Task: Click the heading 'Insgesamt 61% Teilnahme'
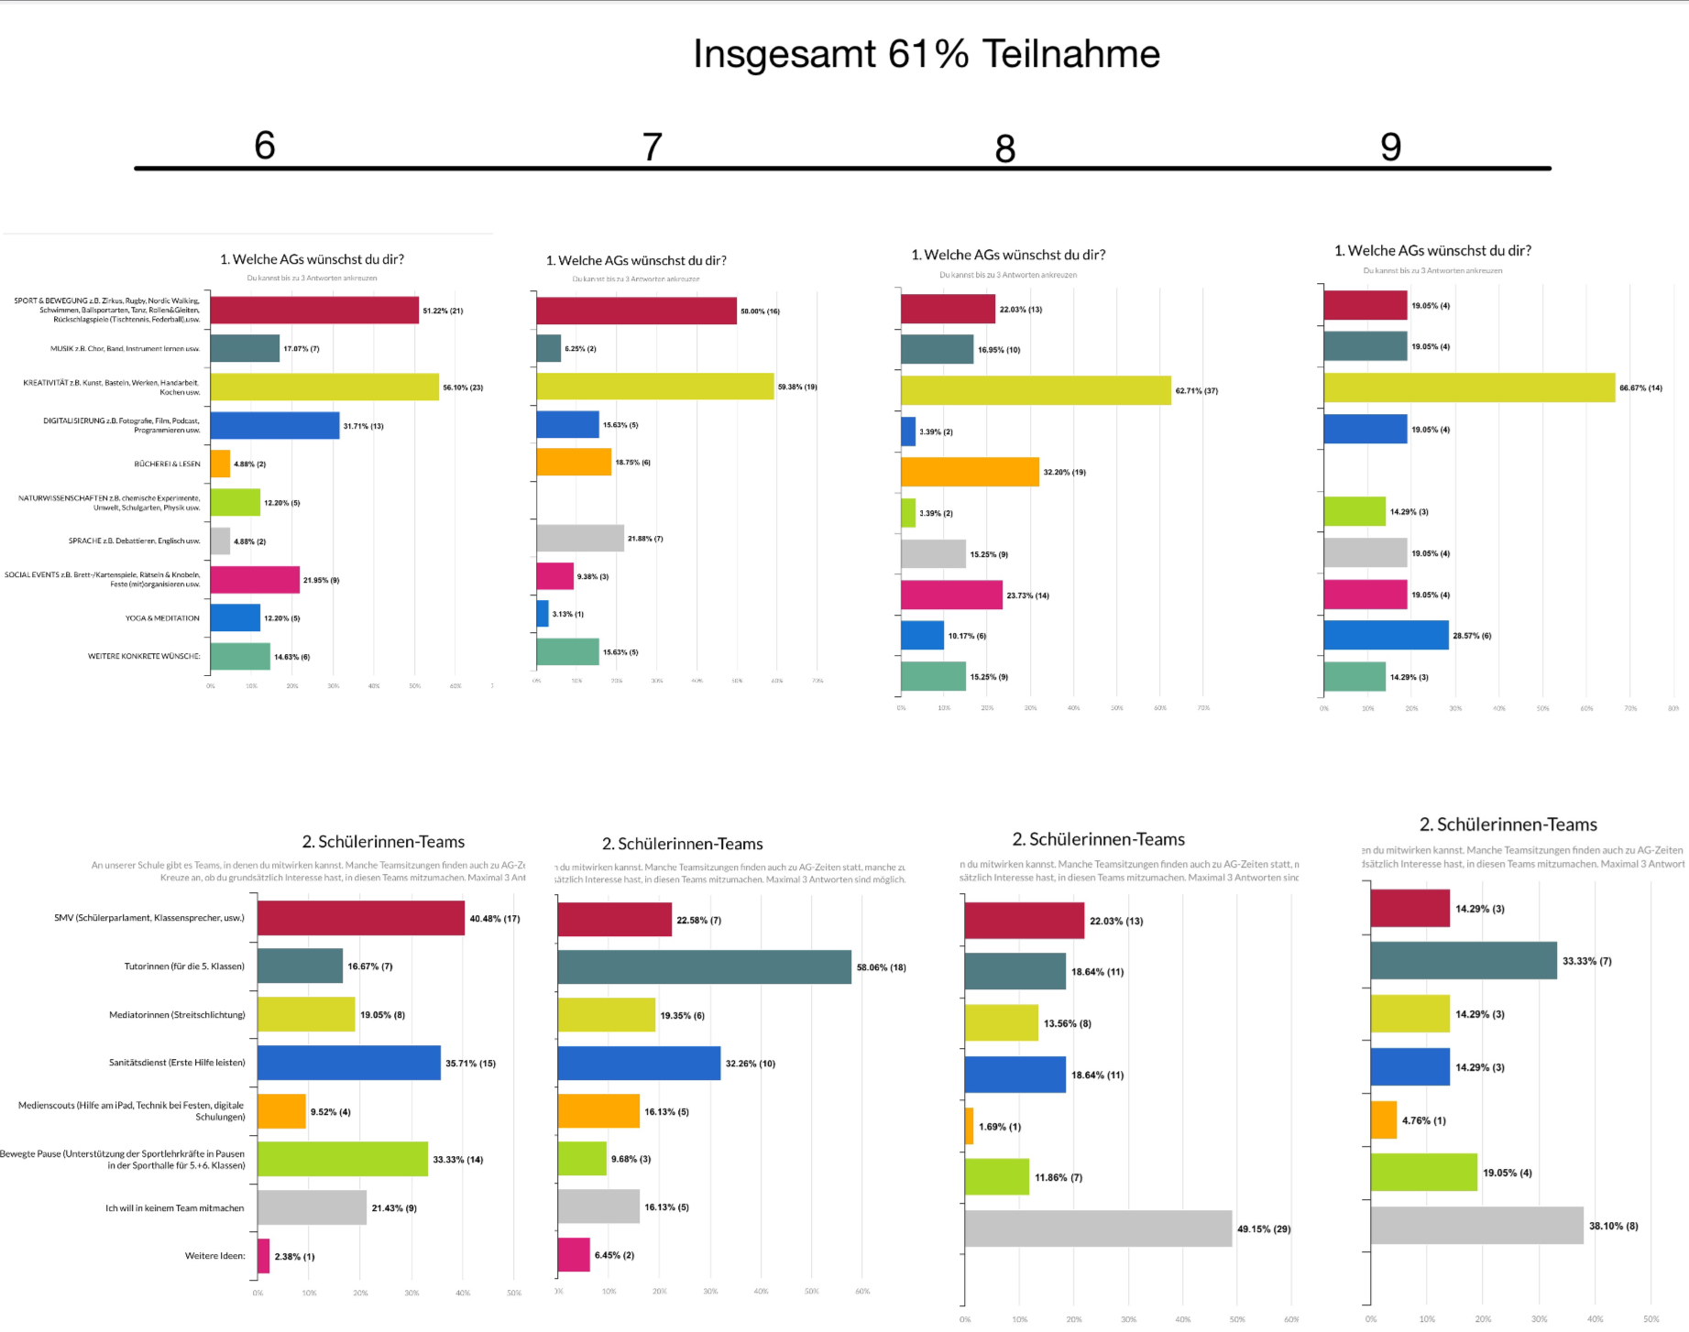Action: (x=926, y=54)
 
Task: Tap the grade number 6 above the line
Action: (x=265, y=146)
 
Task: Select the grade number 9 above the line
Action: (x=1390, y=147)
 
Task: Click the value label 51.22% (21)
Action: (x=443, y=311)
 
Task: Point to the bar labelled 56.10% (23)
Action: (x=324, y=387)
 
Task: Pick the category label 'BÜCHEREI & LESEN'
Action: (x=167, y=464)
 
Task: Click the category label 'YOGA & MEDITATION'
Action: (x=162, y=618)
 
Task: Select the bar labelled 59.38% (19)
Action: (x=654, y=387)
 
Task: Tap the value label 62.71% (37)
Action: (x=1197, y=391)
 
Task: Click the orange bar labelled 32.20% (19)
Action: (x=970, y=472)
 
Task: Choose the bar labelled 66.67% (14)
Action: (x=1469, y=388)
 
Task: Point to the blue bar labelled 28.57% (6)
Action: (x=1386, y=635)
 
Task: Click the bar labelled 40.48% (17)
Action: (x=361, y=918)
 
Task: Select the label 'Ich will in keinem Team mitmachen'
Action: (x=175, y=1208)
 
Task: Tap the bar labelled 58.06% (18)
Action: (x=704, y=967)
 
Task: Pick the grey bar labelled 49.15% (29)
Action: (x=1098, y=1228)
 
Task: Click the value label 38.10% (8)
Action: (x=1613, y=1226)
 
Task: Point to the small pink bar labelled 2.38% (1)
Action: (x=264, y=1256)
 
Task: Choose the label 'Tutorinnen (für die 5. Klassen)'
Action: (x=184, y=966)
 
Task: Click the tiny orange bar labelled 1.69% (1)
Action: (x=969, y=1126)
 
